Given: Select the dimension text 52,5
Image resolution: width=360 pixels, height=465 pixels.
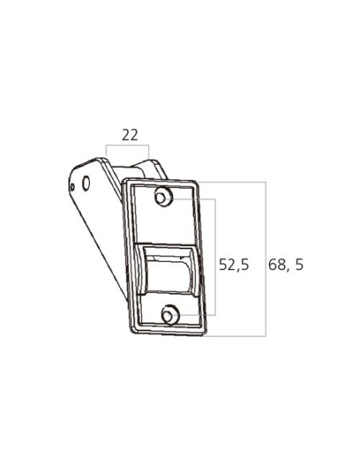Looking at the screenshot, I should point(234,265).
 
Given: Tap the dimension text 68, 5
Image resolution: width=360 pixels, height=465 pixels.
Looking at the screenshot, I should point(286,265).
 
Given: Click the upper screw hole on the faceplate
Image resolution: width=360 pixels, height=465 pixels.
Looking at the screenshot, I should point(162,196).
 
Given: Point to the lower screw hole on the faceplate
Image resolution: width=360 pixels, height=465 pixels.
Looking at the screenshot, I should point(168,315).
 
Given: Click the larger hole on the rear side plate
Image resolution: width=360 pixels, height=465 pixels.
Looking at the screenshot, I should point(86,182).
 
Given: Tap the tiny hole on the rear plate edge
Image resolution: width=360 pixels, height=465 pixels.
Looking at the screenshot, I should point(72,187).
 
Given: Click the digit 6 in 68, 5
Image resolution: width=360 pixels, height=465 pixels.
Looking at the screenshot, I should point(272,265).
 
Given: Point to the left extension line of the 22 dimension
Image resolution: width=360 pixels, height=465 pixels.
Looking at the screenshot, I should point(108,153).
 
